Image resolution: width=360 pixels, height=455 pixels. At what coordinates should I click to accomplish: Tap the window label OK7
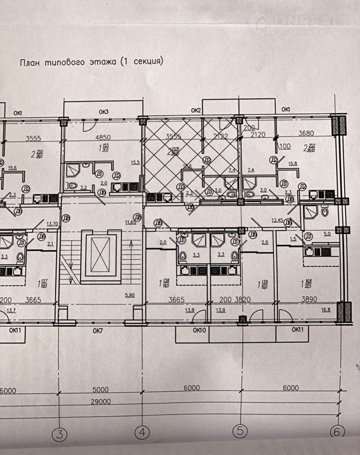coord(97,330)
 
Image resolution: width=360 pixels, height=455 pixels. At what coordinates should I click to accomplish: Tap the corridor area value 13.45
coord(278,220)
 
